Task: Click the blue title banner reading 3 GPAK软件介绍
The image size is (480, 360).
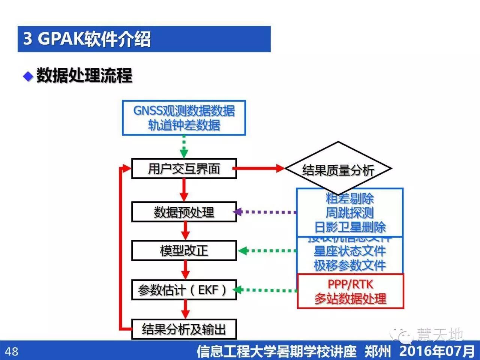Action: [144, 39]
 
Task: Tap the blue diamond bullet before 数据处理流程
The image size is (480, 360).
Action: [28, 76]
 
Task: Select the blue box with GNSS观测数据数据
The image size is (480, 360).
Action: [184, 118]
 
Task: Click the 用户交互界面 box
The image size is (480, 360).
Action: [184, 169]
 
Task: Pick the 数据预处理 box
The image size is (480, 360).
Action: [184, 212]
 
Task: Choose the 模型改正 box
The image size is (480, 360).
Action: [184, 250]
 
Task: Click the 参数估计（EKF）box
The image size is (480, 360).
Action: [184, 290]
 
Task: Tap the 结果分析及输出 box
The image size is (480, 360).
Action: [184, 329]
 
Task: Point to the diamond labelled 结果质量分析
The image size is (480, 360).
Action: [338, 169]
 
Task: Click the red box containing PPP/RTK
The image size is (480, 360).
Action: [350, 291]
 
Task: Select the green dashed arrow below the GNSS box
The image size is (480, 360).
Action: [184, 147]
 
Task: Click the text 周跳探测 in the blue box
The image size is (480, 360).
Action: [349, 213]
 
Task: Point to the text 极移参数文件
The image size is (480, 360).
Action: [349, 265]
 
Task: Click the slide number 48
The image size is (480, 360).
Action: [11, 351]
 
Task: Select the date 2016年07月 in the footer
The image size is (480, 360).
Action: [436, 351]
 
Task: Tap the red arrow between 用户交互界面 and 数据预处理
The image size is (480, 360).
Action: [184, 190]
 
